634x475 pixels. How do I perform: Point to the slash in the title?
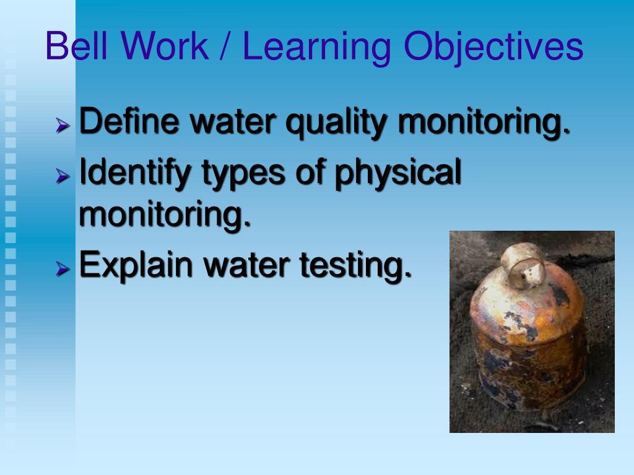point(226,47)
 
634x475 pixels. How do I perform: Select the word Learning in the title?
point(316,48)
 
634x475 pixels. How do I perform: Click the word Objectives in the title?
point(495,48)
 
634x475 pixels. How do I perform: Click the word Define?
point(130,121)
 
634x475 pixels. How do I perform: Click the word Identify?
point(136,173)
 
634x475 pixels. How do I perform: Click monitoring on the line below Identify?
point(166,215)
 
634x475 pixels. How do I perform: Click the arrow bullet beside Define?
point(62,126)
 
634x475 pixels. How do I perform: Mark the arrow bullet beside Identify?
point(62,177)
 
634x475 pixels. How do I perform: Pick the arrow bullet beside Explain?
point(62,269)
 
